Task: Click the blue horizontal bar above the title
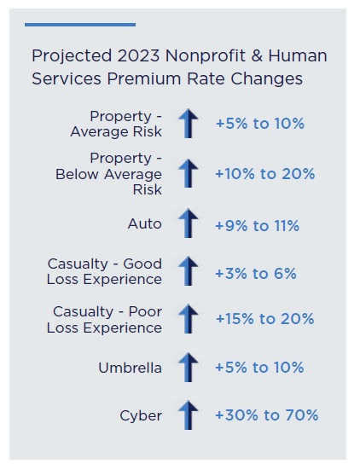[80, 25]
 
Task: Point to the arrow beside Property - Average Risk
[187, 124]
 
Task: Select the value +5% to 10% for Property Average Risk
[259, 124]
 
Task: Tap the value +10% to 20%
[264, 174]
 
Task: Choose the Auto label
[144, 224]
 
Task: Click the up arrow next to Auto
[187, 224]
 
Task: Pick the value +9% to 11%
[257, 225]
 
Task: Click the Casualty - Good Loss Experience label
[105, 272]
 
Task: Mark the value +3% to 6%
[255, 273]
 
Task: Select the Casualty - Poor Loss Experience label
[107, 320]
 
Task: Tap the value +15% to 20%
[264, 319]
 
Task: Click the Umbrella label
[131, 368]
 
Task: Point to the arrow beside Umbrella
[187, 368]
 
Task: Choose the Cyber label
[141, 416]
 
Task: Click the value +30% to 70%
[266, 415]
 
